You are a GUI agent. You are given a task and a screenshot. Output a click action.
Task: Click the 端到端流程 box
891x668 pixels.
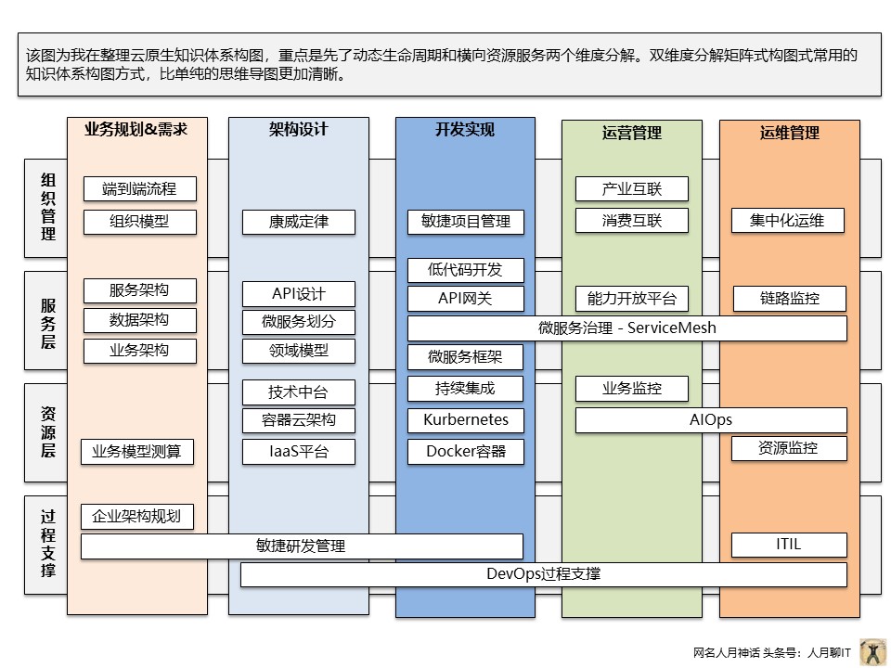139,189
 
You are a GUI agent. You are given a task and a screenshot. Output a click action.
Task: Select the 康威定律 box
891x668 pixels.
299,222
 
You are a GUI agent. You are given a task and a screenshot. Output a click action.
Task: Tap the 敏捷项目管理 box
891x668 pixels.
466,222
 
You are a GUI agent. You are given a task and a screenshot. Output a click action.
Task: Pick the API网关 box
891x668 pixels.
466,299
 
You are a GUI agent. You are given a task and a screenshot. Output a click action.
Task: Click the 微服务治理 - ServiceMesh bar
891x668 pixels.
627,328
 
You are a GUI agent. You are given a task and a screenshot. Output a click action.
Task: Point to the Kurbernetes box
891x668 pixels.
466,419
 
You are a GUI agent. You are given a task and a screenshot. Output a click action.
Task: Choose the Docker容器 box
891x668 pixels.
466,452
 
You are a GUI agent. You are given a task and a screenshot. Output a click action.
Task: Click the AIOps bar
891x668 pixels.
711,420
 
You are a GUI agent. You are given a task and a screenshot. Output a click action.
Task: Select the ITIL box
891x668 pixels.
789,545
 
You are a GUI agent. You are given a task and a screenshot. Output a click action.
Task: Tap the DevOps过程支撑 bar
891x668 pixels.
544,574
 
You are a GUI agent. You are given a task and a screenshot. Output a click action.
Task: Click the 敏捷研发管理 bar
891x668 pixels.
302,546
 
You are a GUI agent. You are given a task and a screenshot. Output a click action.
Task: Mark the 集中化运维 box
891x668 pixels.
789,221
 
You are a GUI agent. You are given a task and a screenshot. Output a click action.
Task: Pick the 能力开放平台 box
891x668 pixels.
632,298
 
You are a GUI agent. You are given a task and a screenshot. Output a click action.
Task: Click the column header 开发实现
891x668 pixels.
465,130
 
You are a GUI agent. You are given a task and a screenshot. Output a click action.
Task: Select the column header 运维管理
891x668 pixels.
790,133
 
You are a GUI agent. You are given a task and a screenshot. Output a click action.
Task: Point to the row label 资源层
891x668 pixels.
48,430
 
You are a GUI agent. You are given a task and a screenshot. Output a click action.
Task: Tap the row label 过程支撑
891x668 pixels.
48,544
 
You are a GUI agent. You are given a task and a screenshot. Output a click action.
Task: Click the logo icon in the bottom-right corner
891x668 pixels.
872,651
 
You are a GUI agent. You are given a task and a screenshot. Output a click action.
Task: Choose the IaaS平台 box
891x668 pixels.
299,452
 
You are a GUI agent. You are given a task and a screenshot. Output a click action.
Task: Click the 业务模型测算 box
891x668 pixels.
137,452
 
